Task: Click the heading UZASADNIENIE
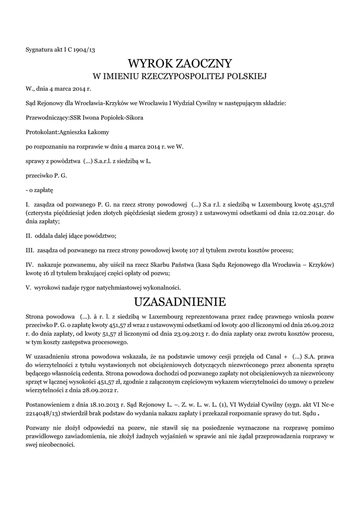(180, 302)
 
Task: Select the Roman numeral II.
(28, 235)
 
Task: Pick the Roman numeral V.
(28, 287)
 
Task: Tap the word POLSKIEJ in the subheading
(246, 76)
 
